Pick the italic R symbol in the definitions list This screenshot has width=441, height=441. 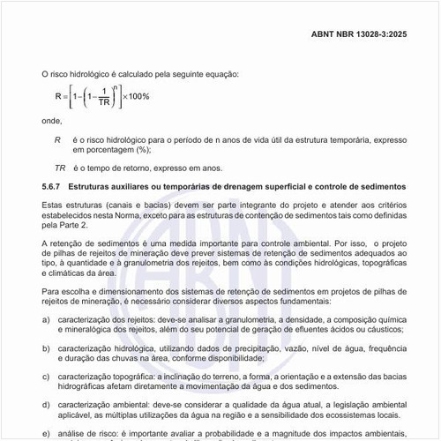pos(57,138)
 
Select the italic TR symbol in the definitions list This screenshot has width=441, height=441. pos(60,168)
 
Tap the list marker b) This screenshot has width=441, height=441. pos(46,349)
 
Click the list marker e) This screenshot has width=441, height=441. pos(46,432)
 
